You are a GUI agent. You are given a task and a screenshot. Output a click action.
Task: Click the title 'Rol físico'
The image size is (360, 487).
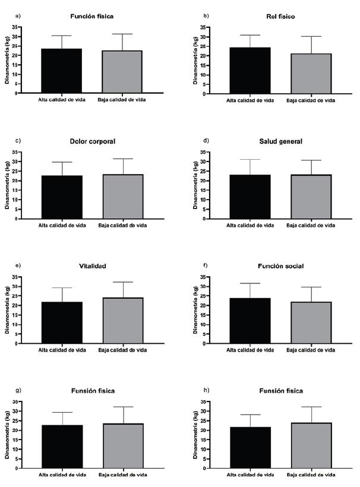(280, 16)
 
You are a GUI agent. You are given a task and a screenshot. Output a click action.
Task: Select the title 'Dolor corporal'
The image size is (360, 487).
(92, 141)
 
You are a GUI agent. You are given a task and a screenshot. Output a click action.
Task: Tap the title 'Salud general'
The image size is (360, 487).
(280, 141)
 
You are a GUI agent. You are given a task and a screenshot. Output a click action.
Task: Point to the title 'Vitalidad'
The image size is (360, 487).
(92, 266)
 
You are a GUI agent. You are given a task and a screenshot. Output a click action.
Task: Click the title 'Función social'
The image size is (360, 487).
(280, 266)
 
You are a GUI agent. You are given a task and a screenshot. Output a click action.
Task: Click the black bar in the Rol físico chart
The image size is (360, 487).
(250, 71)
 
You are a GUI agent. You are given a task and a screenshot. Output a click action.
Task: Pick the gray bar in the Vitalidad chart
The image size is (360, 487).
(123, 321)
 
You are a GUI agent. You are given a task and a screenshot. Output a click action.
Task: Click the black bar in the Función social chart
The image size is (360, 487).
(250, 321)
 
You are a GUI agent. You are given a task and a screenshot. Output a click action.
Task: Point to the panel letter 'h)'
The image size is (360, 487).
(207, 390)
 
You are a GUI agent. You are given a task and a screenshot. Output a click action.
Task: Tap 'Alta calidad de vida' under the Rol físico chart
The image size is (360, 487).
(250, 100)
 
